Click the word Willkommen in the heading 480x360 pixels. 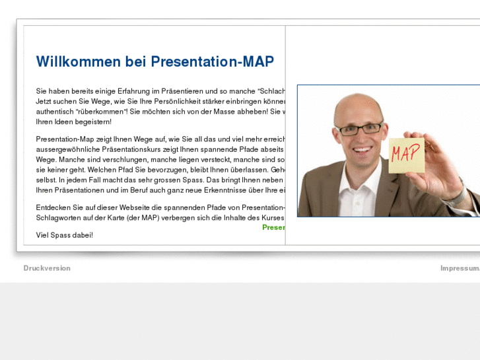click(x=78, y=62)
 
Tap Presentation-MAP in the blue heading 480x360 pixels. click(x=212, y=62)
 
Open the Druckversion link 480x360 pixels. click(x=47, y=268)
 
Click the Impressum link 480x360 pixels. click(x=460, y=268)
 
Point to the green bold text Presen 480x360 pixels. click(x=273, y=227)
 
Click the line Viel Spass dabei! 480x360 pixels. click(x=65, y=234)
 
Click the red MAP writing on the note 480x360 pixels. click(x=405, y=154)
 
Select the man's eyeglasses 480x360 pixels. click(x=359, y=128)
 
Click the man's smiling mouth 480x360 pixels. click(x=362, y=149)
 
